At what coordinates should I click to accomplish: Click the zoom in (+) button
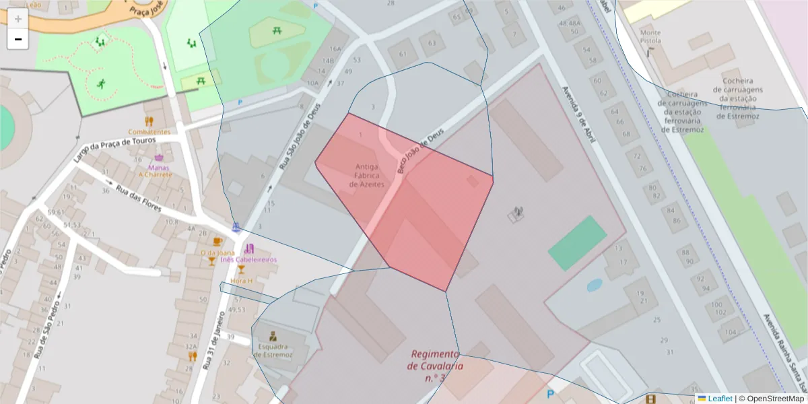tap(18, 19)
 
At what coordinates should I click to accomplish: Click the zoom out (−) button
tap(18, 39)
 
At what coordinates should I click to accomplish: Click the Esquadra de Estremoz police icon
tap(273, 336)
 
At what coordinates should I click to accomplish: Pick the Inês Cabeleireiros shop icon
tap(249, 248)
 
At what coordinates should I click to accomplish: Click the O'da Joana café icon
tap(217, 242)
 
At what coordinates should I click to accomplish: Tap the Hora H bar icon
tap(241, 269)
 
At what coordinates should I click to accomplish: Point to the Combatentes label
tap(149, 132)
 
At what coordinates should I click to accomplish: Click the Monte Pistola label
tap(650, 36)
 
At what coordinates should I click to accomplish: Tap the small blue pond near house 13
tap(594, 285)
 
